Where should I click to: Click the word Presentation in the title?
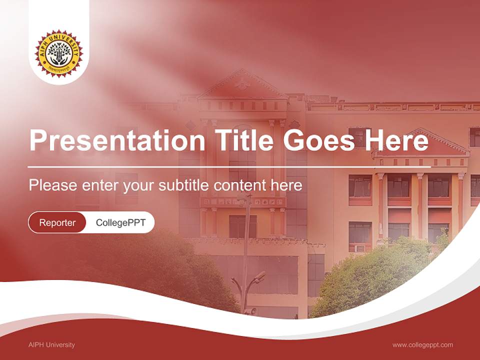tap(116, 140)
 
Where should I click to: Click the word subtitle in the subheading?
tap(184, 185)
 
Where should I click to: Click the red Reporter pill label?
tap(57, 222)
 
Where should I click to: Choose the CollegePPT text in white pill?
tap(120, 222)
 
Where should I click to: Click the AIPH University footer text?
tap(52, 344)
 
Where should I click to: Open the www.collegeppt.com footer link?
tap(422, 344)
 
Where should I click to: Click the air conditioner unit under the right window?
tap(359, 248)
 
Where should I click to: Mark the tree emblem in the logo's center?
tap(59, 52)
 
